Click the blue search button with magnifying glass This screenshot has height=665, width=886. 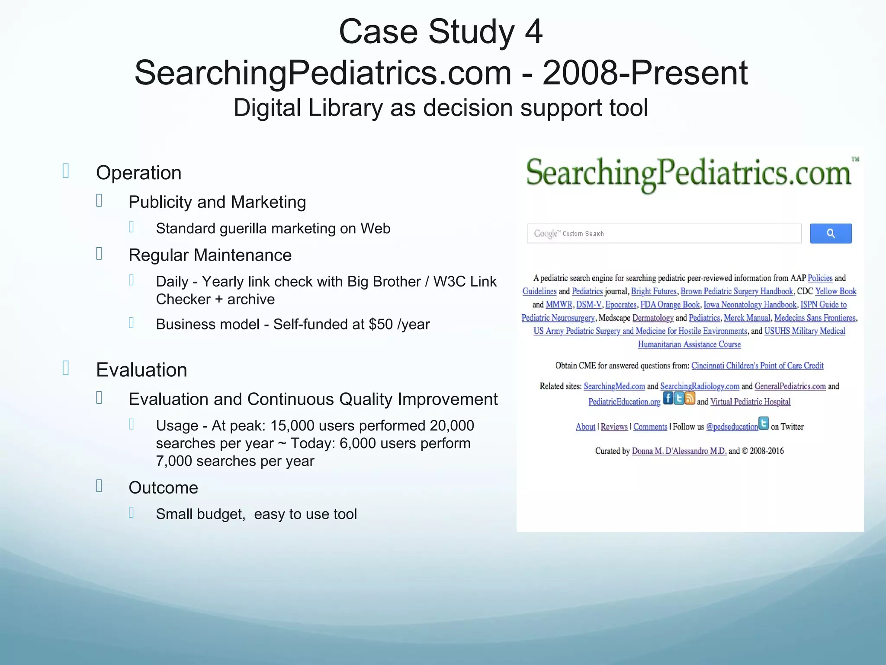coord(830,234)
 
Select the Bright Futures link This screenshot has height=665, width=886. coord(654,291)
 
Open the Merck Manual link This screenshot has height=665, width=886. coord(747,318)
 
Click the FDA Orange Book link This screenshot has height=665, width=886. coord(670,305)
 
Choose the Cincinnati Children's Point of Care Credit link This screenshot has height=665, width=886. coord(757,366)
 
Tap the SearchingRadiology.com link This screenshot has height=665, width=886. coord(700,386)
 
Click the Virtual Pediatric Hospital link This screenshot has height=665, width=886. coord(750,402)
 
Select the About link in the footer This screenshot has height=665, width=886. coord(585,427)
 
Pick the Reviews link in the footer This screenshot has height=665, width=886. coord(614,427)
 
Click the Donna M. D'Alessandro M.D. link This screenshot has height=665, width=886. coord(679,451)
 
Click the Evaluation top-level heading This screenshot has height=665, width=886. coord(141,370)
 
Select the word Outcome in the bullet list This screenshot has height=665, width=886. coord(163,488)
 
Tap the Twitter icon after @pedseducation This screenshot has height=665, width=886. coord(764,423)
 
